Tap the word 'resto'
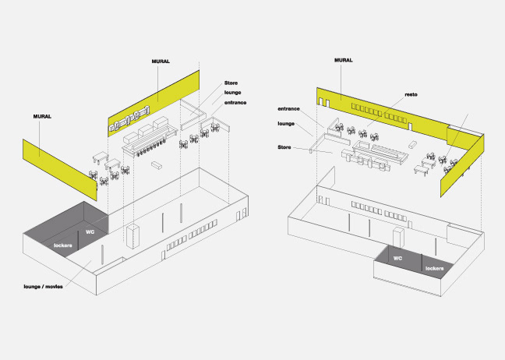[x=411, y=94]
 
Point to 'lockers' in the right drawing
[x=434, y=269]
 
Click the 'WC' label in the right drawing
[x=397, y=257]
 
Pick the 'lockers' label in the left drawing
[x=63, y=245]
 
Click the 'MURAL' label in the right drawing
[x=343, y=60]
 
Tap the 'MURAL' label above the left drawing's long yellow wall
[x=161, y=60]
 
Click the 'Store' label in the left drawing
[x=231, y=83]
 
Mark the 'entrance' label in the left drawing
[x=236, y=103]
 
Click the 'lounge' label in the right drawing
[x=286, y=123]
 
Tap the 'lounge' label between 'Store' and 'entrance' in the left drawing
[x=233, y=93]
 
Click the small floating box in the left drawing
[x=156, y=165]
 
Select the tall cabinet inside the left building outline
[x=132, y=235]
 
